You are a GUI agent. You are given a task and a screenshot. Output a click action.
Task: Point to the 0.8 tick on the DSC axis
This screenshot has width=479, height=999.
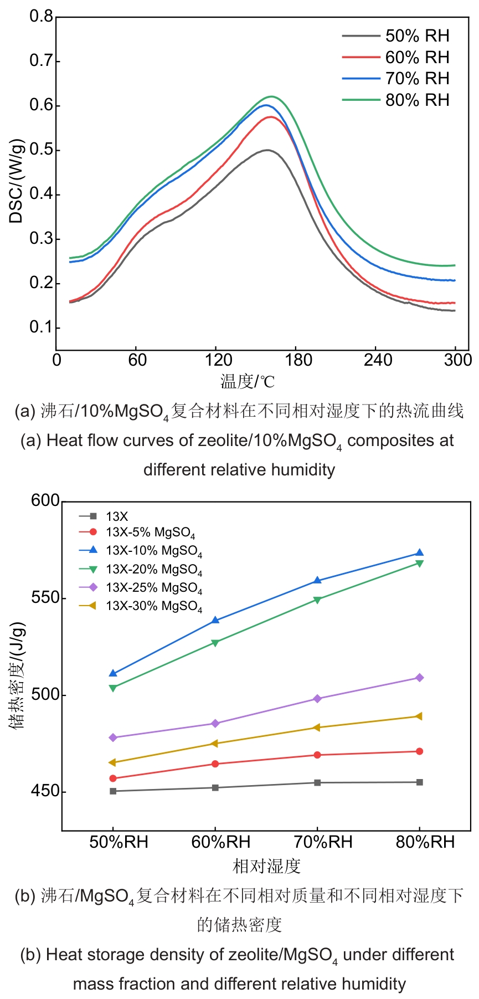point(41,17)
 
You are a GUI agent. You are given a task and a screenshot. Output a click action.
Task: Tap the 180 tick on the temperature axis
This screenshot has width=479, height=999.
point(298,360)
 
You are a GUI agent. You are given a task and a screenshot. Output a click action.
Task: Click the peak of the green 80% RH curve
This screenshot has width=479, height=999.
point(272,97)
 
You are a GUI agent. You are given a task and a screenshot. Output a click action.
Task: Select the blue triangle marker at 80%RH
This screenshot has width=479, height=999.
point(419,552)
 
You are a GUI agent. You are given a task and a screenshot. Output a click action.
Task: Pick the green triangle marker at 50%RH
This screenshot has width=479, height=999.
point(113,688)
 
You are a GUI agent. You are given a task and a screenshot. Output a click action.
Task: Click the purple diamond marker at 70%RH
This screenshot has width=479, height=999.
point(317,699)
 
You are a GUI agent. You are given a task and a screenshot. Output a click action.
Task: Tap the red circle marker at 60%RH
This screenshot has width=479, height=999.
point(215,764)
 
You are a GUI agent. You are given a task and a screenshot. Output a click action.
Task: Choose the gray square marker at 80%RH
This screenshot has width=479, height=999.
point(419,782)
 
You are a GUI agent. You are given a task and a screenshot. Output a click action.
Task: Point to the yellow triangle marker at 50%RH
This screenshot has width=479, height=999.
point(113,762)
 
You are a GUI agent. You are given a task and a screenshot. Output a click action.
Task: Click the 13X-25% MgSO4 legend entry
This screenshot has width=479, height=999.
point(153,588)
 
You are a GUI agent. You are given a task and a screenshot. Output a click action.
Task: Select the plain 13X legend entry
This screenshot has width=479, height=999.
point(117,516)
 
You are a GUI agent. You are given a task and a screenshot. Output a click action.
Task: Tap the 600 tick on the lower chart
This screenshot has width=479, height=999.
point(45,500)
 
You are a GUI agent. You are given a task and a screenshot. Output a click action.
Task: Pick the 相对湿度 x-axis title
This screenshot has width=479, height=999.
point(266,865)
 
